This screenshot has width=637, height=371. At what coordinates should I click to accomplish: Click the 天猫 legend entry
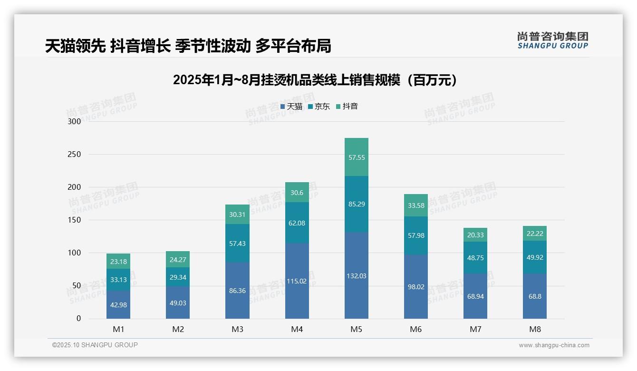(291, 107)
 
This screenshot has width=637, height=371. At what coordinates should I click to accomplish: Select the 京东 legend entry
(319, 107)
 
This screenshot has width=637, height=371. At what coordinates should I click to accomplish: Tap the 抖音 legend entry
(347, 107)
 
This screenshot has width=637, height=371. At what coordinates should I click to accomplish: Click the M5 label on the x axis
(356, 329)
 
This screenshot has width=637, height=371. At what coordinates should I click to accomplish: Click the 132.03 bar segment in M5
(356, 275)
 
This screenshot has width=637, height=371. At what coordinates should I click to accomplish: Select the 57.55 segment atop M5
(356, 157)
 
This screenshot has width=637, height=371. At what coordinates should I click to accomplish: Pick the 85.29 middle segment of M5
(356, 204)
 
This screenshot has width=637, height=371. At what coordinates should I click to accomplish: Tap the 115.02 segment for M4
(297, 281)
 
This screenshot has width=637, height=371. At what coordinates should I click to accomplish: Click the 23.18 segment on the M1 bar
(118, 261)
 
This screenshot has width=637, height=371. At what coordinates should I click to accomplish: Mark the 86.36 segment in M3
(237, 290)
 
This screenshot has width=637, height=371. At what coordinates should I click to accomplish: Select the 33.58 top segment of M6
(415, 205)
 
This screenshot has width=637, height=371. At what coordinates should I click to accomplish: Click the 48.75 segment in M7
(475, 257)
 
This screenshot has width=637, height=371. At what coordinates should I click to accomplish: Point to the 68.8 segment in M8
(534, 296)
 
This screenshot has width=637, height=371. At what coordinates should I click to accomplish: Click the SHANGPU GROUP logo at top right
(552, 40)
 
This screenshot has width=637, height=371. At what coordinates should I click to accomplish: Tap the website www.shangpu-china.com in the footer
(554, 345)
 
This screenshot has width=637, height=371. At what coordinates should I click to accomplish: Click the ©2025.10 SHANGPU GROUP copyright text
(95, 345)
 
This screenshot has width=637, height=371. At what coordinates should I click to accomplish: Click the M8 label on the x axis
(534, 329)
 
